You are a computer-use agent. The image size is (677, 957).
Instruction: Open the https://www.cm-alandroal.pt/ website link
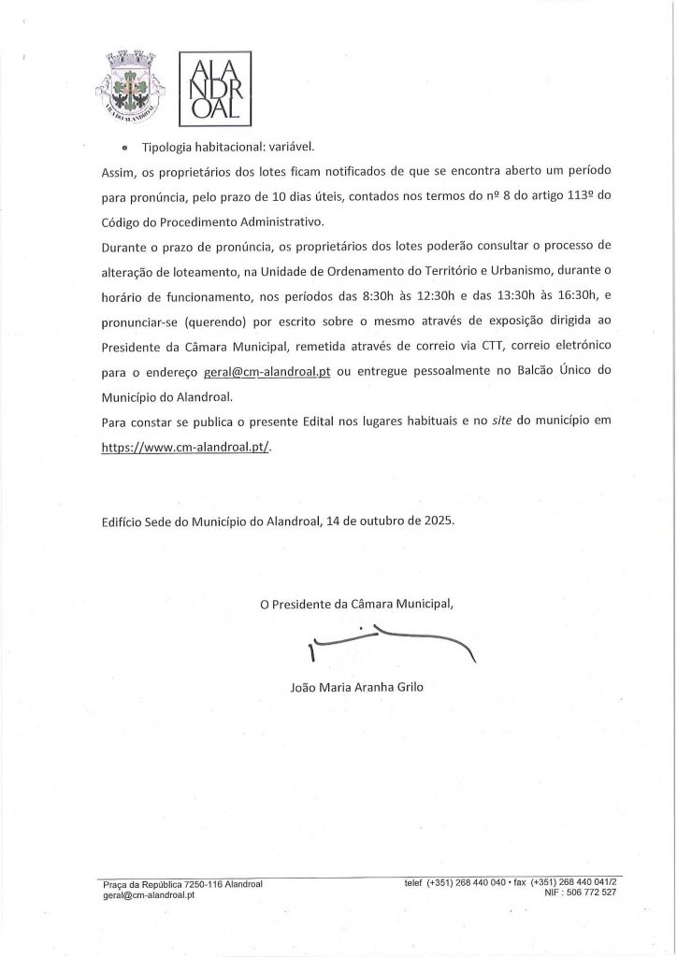[x=185, y=447]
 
